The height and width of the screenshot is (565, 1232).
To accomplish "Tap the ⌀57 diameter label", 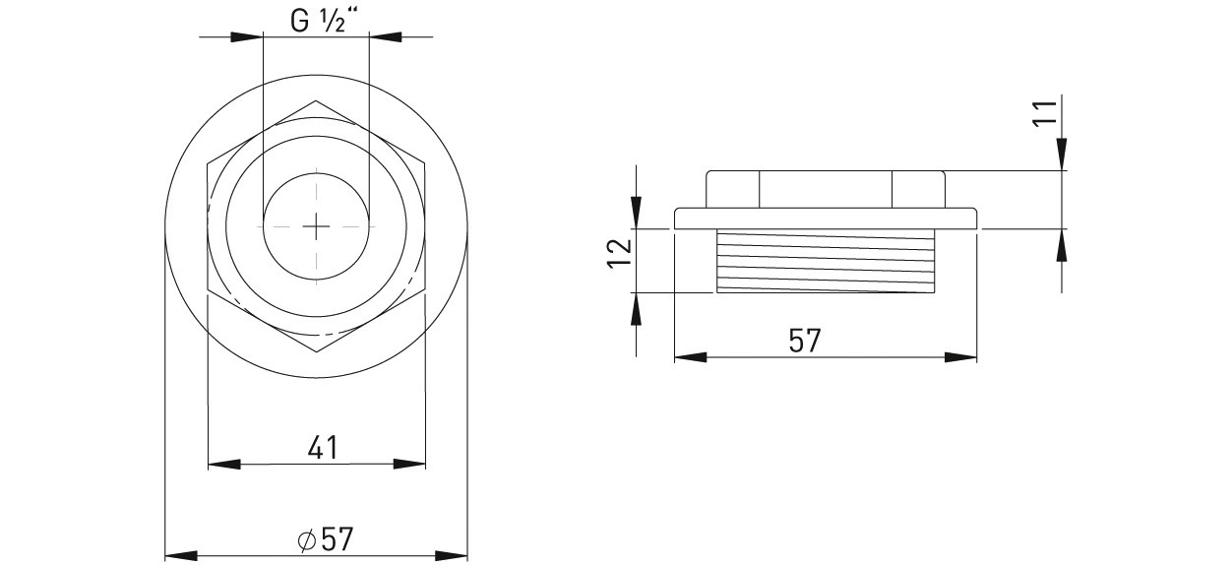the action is (x=325, y=539).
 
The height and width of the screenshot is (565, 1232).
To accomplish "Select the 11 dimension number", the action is (x=1044, y=113).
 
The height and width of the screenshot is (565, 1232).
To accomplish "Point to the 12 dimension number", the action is (x=620, y=254).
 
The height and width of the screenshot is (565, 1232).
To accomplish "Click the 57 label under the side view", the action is (x=805, y=341).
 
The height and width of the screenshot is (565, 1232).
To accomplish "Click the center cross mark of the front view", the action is (x=316, y=225).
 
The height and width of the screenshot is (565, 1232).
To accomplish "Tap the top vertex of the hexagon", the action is (x=316, y=101).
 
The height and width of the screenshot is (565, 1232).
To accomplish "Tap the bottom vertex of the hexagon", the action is (x=317, y=351).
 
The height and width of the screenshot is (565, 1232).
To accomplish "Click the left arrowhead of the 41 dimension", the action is (x=224, y=464).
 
